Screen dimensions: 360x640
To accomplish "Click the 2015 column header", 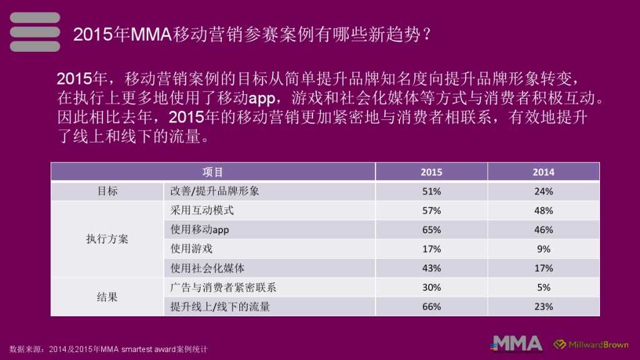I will pos(431,172).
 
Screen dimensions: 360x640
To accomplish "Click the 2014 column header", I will pos(543,172).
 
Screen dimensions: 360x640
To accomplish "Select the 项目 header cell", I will pos(212,172).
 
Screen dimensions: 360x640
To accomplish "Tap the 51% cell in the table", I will pos(431,191).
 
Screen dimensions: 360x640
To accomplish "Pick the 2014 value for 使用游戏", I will pos(543,249).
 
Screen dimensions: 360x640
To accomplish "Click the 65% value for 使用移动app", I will pos(431,229).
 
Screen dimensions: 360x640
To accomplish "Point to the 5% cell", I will pos(543,287).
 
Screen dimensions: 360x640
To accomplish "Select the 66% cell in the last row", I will pos(431,307).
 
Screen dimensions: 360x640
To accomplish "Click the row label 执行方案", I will pos(107,239).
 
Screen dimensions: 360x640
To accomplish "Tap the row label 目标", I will pos(107,191).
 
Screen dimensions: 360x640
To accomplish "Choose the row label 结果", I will pos(107,297).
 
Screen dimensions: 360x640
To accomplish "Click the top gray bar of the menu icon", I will pos(35,17).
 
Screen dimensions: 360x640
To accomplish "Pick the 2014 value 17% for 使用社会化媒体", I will pos(543,268).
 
